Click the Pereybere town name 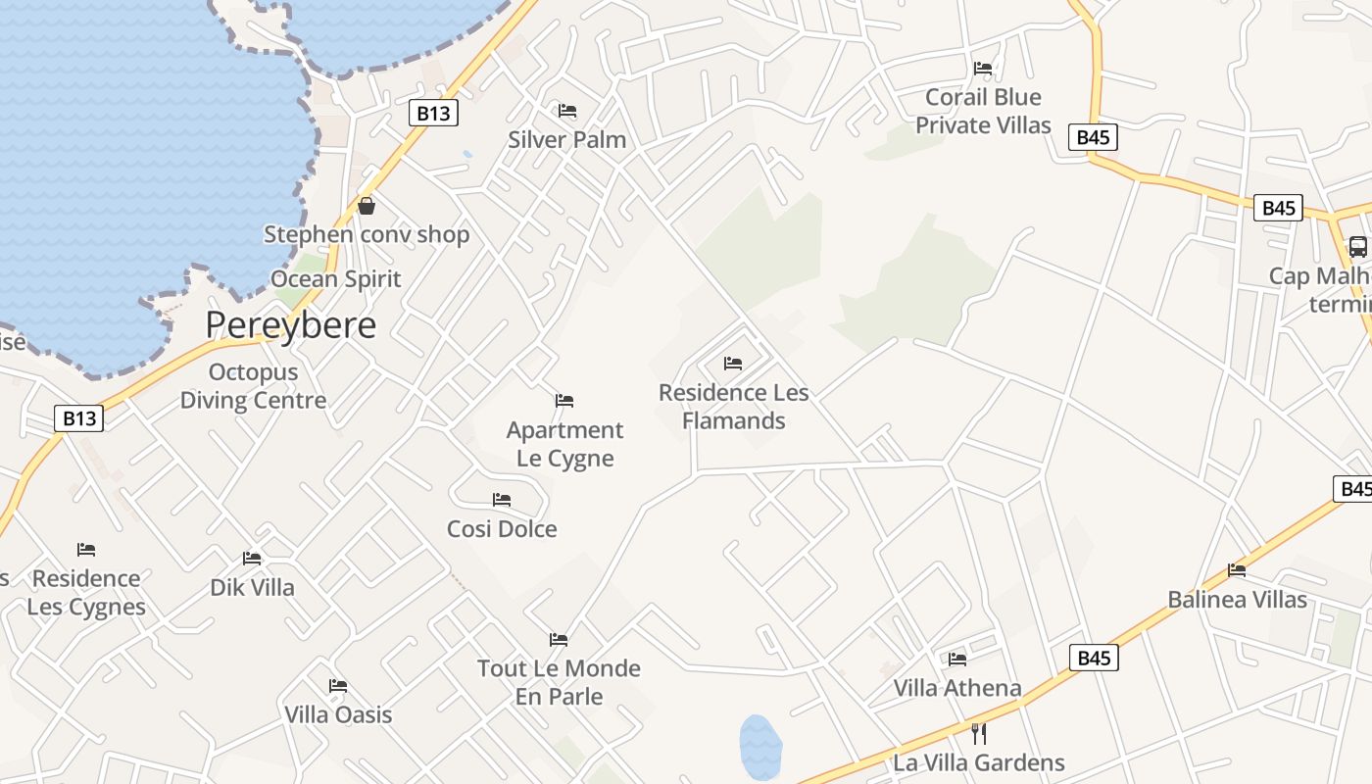[290, 325]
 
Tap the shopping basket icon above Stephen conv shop [367, 206]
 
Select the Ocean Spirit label [336, 279]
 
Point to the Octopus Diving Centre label [253, 386]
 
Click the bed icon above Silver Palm [567, 111]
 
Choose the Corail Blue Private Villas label [983, 111]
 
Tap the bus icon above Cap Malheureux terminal [1357, 247]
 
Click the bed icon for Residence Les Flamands [733, 364]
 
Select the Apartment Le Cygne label [565, 444]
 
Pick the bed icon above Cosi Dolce [502, 500]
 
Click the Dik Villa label [252, 588]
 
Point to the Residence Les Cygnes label [86, 592]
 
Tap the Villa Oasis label [338, 714]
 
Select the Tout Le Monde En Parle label [559, 682]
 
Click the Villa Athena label [957, 688]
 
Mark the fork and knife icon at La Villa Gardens [977, 733]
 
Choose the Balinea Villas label [1237, 600]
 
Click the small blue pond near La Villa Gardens [760, 747]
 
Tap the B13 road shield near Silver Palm [433, 113]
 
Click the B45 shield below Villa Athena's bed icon [1093, 658]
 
